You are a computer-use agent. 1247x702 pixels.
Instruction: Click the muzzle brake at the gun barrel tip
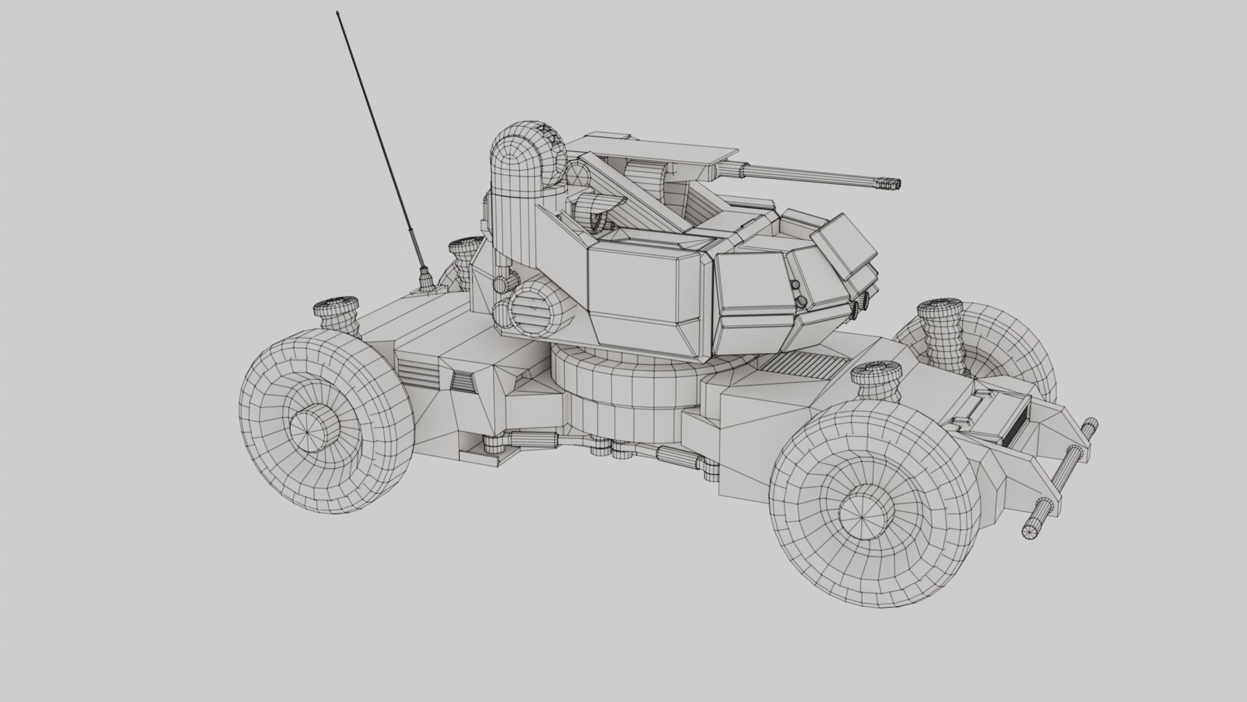pos(890,185)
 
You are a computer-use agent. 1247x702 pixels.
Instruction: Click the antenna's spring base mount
pos(427,280)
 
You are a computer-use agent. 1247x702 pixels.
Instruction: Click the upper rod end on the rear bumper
pos(1089,430)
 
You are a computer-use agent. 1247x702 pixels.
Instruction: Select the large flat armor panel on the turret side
pos(643,286)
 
